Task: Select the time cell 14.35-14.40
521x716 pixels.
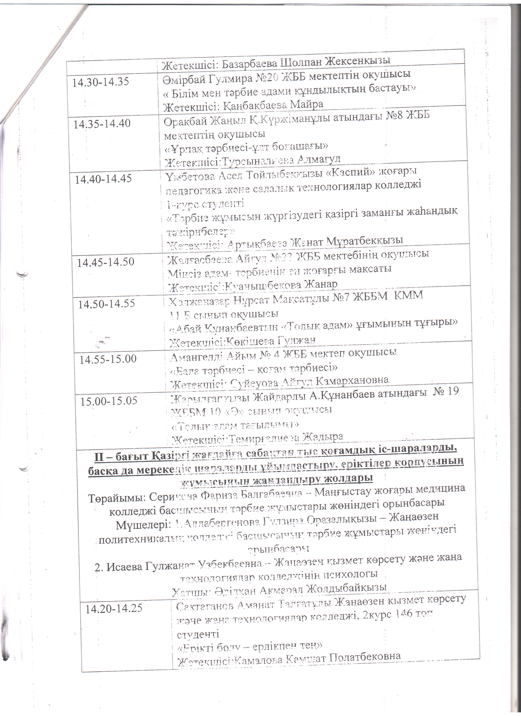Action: [102, 124]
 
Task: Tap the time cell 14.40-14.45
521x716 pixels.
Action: [103, 179]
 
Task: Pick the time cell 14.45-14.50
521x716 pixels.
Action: [106, 262]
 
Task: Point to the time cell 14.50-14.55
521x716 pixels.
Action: [106, 304]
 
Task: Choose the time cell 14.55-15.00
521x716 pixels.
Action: [108, 359]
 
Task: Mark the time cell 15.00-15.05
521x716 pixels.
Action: [110, 401]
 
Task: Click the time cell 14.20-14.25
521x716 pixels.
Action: [114, 609]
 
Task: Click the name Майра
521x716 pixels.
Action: [305, 104]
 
